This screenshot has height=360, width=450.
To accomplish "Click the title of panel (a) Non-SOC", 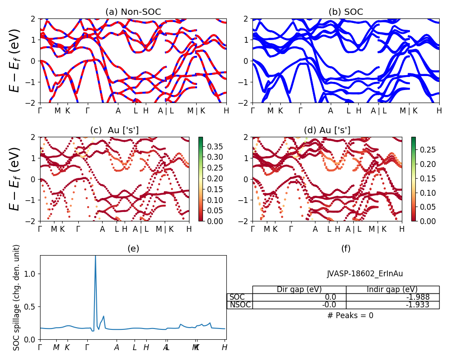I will pyautogui.click(x=133, y=12).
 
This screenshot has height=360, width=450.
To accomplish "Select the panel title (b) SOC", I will pyautogui.click(x=346, y=12).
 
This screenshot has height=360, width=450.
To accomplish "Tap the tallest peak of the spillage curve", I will pyautogui.click(x=95, y=256).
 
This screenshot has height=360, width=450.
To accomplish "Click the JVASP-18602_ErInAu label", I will pyautogui.click(x=365, y=273).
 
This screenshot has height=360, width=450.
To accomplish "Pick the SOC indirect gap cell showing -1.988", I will pyautogui.click(x=392, y=297).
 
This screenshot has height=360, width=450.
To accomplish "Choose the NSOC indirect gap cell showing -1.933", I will pyautogui.click(x=392, y=305).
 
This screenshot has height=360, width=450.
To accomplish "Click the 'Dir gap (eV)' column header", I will pyautogui.click(x=299, y=289).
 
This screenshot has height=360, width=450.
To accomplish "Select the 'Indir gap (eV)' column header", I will pyautogui.click(x=392, y=289).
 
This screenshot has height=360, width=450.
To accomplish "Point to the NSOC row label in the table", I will pyautogui.click(x=239, y=305).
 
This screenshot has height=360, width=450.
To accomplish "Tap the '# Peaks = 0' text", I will pyautogui.click(x=350, y=315).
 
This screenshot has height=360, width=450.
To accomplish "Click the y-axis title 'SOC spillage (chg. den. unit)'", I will pyautogui.click(x=17, y=297).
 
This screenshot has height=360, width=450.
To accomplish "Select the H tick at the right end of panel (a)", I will pyautogui.click(x=226, y=111).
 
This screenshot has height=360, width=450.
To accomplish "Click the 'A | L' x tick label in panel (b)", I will pyautogui.click(x=378, y=111).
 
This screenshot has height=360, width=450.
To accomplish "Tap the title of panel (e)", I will pyautogui.click(x=133, y=248).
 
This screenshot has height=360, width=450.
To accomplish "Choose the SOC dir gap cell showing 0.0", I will pyautogui.click(x=299, y=297).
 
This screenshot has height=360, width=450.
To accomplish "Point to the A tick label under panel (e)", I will pyautogui.click(x=117, y=347).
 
